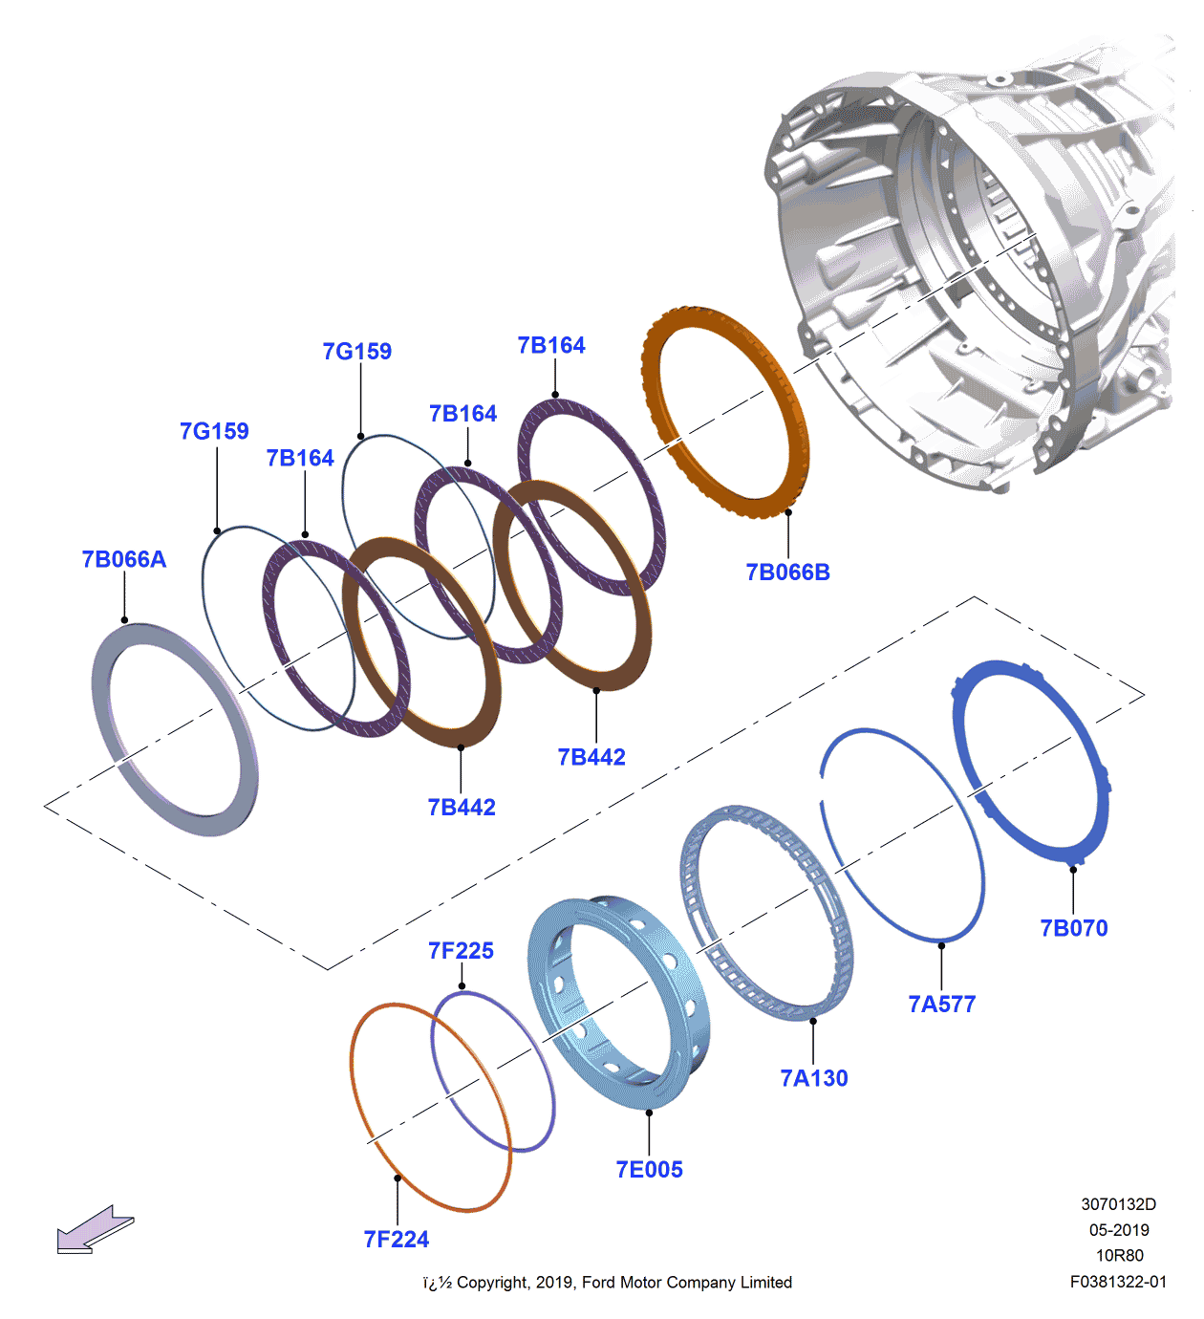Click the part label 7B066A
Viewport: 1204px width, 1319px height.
[x=124, y=559]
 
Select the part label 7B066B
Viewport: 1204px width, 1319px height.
[x=787, y=573]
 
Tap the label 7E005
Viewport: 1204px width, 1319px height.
[x=649, y=1170]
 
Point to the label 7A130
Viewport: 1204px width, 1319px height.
[x=814, y=1078]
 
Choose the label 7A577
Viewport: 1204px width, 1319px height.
[x=941, y=1005]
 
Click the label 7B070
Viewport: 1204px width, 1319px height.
[x=1073, y=928]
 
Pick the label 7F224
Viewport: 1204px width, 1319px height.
[x=397, y=1240]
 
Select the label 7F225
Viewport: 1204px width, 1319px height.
[x=461, y=951]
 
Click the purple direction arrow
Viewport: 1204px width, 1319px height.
[x=94, y=1229]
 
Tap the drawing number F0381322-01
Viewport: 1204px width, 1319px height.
[x=1118, y=1282]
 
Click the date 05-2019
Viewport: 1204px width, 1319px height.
[x=1119, y=1230]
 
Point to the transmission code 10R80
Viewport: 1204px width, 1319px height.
[x=1119, y=1256]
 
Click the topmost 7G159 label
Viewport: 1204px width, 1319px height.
[x=357, y=352]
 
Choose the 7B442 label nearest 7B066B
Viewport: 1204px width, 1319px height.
[x=591, y=757]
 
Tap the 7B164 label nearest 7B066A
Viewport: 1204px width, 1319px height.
[x=300, y=459]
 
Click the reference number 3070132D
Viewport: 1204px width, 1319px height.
[x=1119, y=1204]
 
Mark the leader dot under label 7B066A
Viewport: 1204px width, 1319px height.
[x=124, y=620]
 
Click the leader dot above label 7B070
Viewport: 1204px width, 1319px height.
[x=1073, y=869]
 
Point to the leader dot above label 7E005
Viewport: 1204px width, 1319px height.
[x=649, y=1113]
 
